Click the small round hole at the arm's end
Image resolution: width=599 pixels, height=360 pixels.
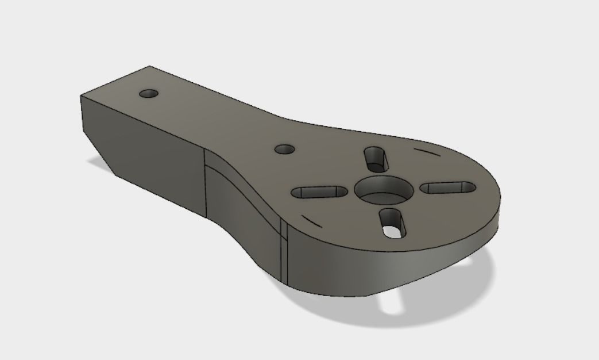tap(149, 93)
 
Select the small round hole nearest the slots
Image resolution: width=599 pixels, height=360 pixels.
tap(284, 149)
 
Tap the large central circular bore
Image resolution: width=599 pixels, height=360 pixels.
tap(383, 189)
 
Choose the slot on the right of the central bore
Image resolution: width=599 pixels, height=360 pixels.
tap(449, 187)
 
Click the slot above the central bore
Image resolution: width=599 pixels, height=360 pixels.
tap(375, 158)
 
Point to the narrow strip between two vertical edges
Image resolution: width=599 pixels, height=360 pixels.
tap(283, 253)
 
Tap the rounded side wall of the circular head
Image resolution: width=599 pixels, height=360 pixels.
tap(391, 265)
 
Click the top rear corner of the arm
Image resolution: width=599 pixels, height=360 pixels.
tap(150, 66)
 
